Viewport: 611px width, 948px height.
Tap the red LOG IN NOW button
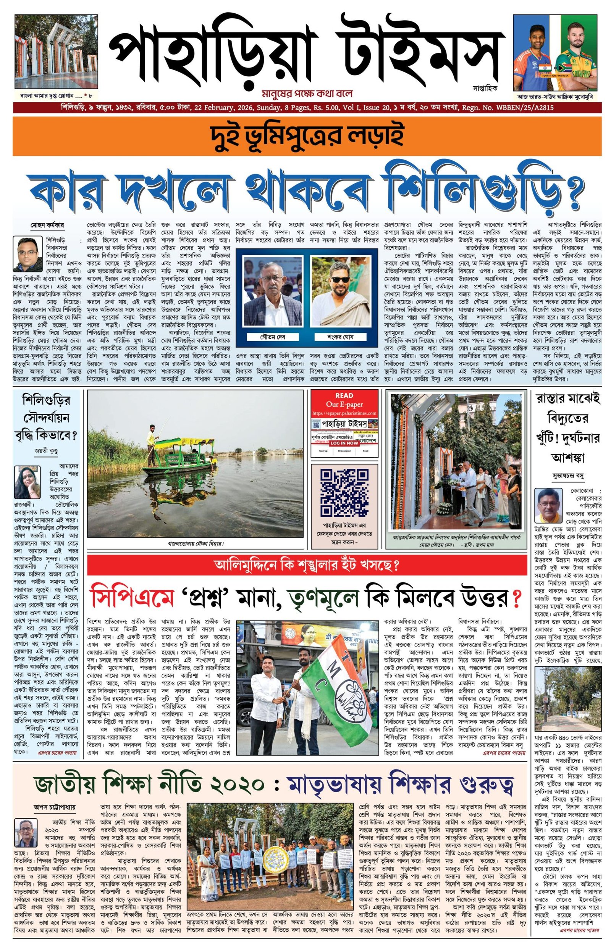pos(344,443)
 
